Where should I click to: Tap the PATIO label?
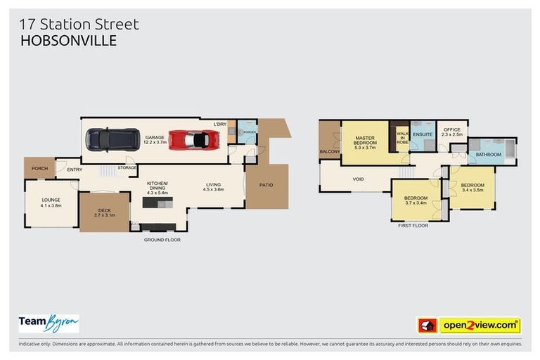point(266,186)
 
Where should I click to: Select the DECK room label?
point(103,210)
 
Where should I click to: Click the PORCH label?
point(39,168)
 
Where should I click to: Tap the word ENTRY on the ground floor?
point(75,169)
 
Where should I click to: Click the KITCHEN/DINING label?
point(157,185)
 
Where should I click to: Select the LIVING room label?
point(213,185)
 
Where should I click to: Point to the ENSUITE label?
point(423,134)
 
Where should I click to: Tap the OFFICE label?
point(451,130)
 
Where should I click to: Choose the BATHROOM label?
point(488,154)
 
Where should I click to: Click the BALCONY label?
point(330,152)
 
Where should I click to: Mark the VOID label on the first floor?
point(358,179)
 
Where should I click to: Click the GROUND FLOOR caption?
point(162,240)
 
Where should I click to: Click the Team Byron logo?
point(49,323)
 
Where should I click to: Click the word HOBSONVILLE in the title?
point(68,41)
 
